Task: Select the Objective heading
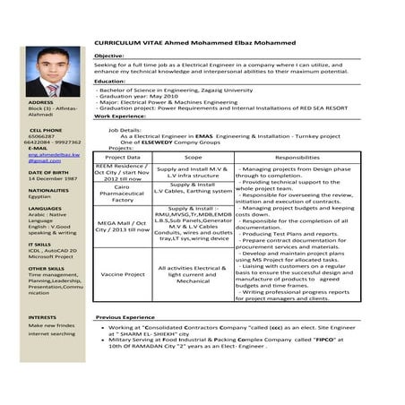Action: (x=109, y=56)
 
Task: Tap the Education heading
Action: (x=109, y=82)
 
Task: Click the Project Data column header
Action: (x=122, y=158)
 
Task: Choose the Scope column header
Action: (x=193, y=158)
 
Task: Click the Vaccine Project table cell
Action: (x=122, y=274)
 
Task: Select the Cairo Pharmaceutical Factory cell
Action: (x=122, y=192)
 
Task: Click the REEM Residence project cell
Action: (x=122, y=172)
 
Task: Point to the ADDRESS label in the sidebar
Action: (x=40, y=102)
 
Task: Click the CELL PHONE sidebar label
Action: (x=45, y=130)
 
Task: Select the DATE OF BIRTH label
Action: (x=47, y=171)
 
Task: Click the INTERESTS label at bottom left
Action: (x=42, y=317)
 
